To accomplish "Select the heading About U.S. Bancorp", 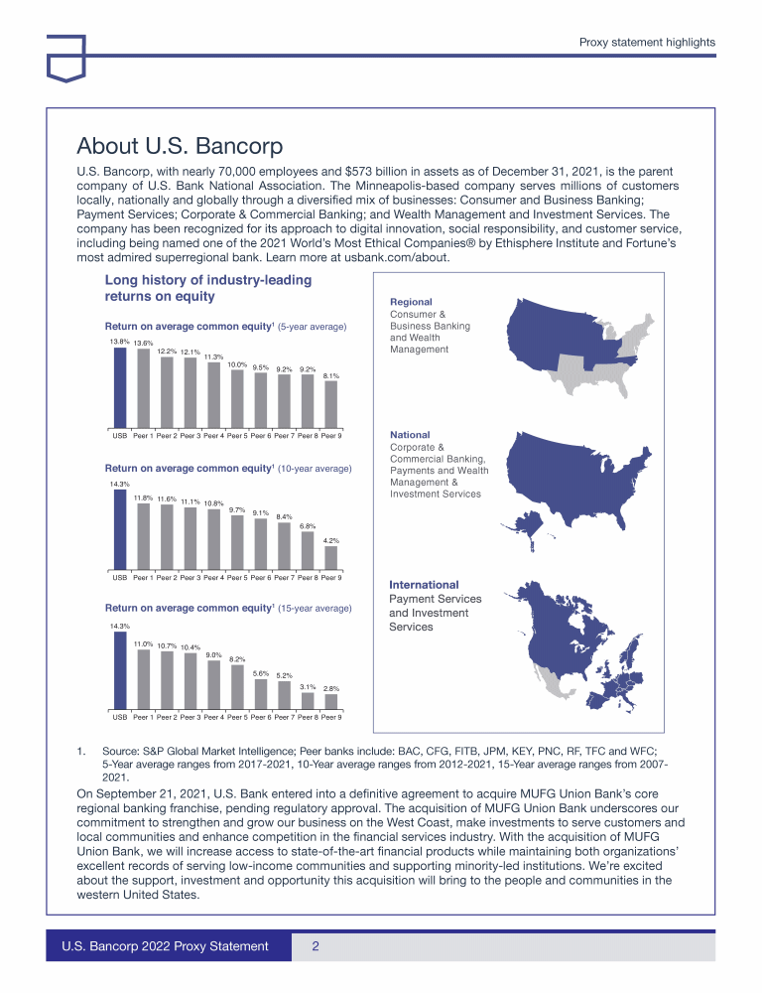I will click(x=180, y=147).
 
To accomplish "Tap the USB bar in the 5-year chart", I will click(x=119, y=390).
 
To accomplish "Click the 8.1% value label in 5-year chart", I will click(x=331, y=376).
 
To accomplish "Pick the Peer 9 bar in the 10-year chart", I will click(x=331, y=558).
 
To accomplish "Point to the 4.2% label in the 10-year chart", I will click(x=331, y=540).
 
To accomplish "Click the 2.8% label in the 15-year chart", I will click(x=331, y=687).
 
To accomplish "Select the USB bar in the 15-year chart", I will click(x=119, y=672).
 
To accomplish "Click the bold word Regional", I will click(x=411, y=302).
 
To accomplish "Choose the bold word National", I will click(x=410, y=435).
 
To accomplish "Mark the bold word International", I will click(x=424, y=585).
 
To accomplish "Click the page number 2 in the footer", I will click(x=315, y=946).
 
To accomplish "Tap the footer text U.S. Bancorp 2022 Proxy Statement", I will click(x=166, y=946).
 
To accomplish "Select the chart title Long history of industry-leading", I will click(x=207, y=280).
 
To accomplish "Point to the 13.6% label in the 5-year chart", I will click(x=143, y=344).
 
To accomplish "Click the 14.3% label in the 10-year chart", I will click(x=119, y=484).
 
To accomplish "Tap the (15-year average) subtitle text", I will click(x=315, y=608).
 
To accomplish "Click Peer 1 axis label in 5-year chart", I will click(x=143, y=436).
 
